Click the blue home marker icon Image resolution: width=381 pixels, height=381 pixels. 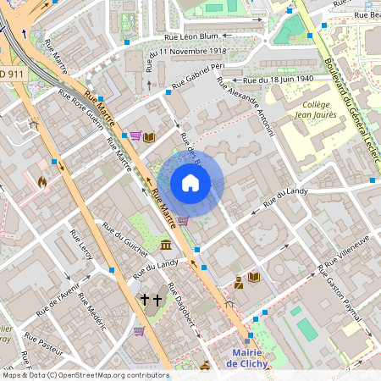pos(190,183)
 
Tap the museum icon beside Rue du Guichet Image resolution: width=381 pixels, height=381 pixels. pos(164,245)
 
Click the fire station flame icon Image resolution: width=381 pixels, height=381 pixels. pos(42,179)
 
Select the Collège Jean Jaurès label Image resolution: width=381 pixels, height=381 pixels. pos(314,110)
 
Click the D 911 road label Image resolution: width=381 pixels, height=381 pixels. pos(12,74)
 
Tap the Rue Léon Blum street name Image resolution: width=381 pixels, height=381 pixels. pos(191,36)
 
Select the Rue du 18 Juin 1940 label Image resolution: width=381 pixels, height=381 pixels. pos(279,79)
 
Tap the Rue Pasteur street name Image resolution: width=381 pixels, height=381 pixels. pos(43,347)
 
